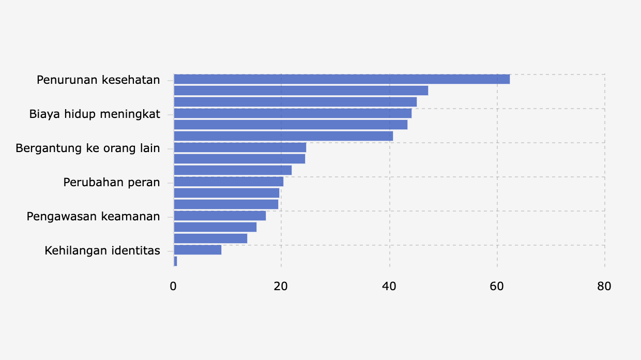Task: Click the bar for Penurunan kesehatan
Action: pyautogui.click(x=341, y=79)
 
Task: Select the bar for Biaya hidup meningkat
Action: pyautogui.click(x=293, y=113)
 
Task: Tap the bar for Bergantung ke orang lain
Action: pyautogui.click(x=240, y=147)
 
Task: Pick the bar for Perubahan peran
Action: pyautogui.click(x=228, y=182)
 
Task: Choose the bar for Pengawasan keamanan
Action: pyautogui.click(x=220, y=216)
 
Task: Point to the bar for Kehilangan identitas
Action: pyautogui.click(x=197, y=250)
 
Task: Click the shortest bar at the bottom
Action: pyautogui.click(x=175, y=261)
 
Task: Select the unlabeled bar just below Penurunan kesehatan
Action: pyautogui.click(x=301, y=91)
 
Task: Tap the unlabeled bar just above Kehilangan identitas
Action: pyautogui.click(x=210, y=238)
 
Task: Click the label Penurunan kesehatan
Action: pyautogui.click(x=98, y=80)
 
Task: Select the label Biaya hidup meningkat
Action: pyautogui.click(x=95, y=114)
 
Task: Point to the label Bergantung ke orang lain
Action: pyautogui.click(x=88, y=148)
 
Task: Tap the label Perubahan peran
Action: pyautogui.click(x=112, y=183)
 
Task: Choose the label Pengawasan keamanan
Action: pyautogui.click(x=93, y=217)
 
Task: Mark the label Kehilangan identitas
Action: pyautogui.click(x=102, y=251)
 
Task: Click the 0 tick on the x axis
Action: pyautogui.click(x=174, y=287)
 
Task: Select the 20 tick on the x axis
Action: pyautogui.click(x=281, y=287)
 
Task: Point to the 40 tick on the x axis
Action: pyautogui.click(x=389, y=287)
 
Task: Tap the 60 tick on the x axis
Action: pyautogui.click(x=497, y=287)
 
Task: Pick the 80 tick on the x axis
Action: pyautogui.click(x=604, y=287)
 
